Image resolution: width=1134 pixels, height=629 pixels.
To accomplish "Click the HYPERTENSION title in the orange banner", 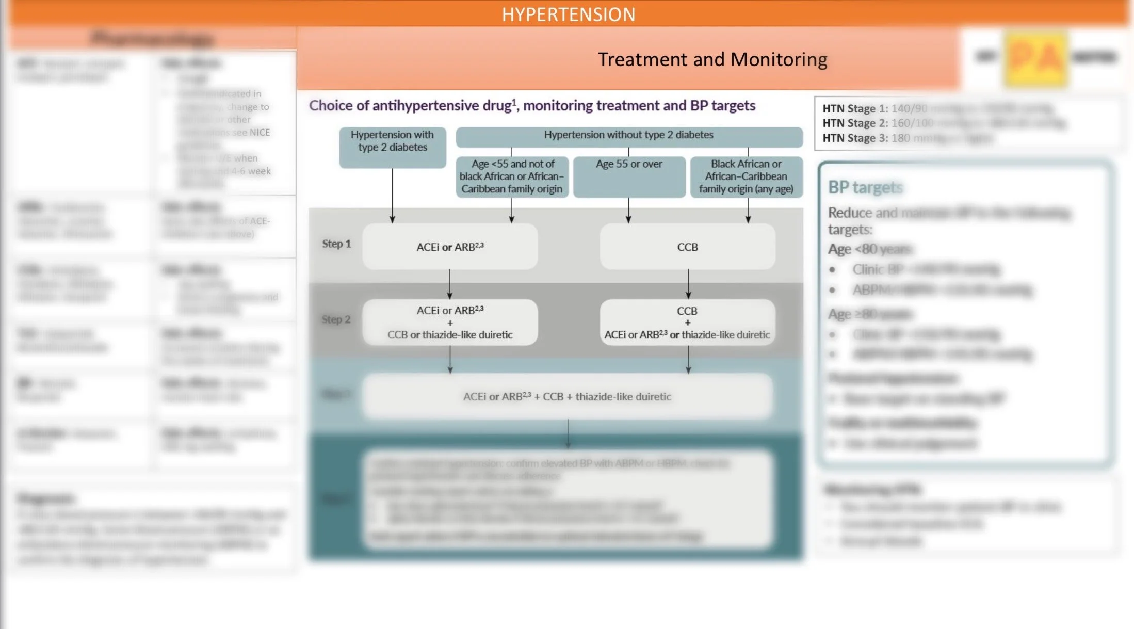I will pos(568,14).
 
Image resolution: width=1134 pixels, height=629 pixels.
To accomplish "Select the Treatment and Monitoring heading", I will pos(712,59).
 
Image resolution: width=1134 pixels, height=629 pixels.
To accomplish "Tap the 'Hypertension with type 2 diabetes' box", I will pos(392,147).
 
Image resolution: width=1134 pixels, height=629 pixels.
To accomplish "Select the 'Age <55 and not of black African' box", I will pos(512,176).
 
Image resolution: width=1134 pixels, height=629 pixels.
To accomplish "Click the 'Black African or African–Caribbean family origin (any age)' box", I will pos(746,176).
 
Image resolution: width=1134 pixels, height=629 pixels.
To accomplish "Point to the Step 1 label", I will pos(336,244).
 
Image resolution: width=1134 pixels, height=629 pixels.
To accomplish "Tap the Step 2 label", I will pos(336,319).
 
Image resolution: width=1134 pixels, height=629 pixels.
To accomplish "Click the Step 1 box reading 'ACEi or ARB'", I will pos(450,247).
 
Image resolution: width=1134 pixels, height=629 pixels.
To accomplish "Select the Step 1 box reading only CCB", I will pos(687,247).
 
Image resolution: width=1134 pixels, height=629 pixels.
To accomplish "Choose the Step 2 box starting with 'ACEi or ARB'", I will pos(450,322).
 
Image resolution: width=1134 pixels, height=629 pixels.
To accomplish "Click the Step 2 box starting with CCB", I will pos(687,322).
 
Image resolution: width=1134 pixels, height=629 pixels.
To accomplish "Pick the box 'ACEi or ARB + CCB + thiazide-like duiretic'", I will pos(567,396).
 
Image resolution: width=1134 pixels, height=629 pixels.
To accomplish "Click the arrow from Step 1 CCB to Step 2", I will pos(688,284).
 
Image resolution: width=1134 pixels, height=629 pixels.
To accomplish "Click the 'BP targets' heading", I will pos(865,187).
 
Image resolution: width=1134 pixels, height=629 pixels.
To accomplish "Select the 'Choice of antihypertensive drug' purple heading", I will pos(532,106).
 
